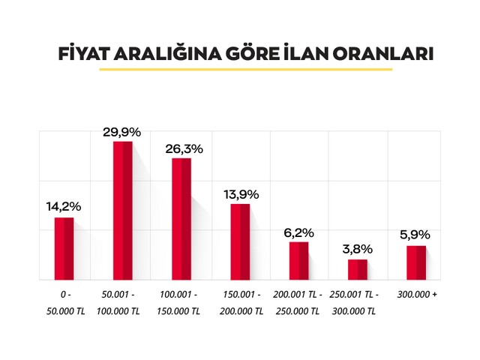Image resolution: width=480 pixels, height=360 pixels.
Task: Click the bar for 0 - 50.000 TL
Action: click(64, 248)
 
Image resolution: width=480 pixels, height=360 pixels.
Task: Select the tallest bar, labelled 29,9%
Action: click(122, 210)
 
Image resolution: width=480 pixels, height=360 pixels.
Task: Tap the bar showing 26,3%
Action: click(181, 218)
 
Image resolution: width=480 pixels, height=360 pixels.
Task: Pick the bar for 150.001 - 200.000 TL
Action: click(240, 241)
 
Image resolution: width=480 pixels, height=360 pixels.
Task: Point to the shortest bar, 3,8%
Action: click(357, 269)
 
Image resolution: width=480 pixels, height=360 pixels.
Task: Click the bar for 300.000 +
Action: click(416, 262)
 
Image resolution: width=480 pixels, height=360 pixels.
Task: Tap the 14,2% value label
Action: click(64, 206)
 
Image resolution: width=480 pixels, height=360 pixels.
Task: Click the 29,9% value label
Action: click(122, 132)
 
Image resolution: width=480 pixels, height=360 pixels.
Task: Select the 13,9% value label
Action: click(241, 194)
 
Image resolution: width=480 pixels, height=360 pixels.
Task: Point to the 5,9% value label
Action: click(415, 235)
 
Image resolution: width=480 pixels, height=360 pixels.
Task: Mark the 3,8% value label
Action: click(357, 248)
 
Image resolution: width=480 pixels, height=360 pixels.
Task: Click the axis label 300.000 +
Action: click(416, 294)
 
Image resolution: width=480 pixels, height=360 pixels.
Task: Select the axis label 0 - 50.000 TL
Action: click(65, 302)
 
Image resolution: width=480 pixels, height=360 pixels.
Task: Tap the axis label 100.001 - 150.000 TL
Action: click(181, 302)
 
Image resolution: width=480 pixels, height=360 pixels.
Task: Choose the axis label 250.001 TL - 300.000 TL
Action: click(357, 302)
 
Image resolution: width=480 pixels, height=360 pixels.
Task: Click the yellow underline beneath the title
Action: click(246, 69)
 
